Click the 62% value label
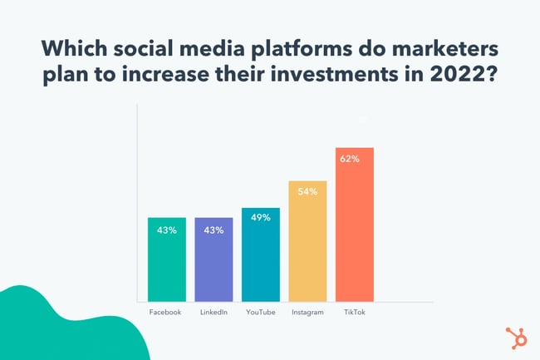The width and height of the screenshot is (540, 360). [x=350, y=157]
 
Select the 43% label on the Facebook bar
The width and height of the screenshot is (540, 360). [x=166, y=229]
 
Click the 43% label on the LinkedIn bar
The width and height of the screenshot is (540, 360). [x=214, y=229]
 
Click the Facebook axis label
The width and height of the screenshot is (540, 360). [x=166, y=313]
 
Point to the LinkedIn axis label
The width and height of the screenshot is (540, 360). [x=214, y=313]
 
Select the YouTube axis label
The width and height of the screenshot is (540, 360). [x=261, y=313]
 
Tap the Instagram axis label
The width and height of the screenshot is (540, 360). [x=307, y=313]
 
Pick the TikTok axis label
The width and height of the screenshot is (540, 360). [x=355, y=313]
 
